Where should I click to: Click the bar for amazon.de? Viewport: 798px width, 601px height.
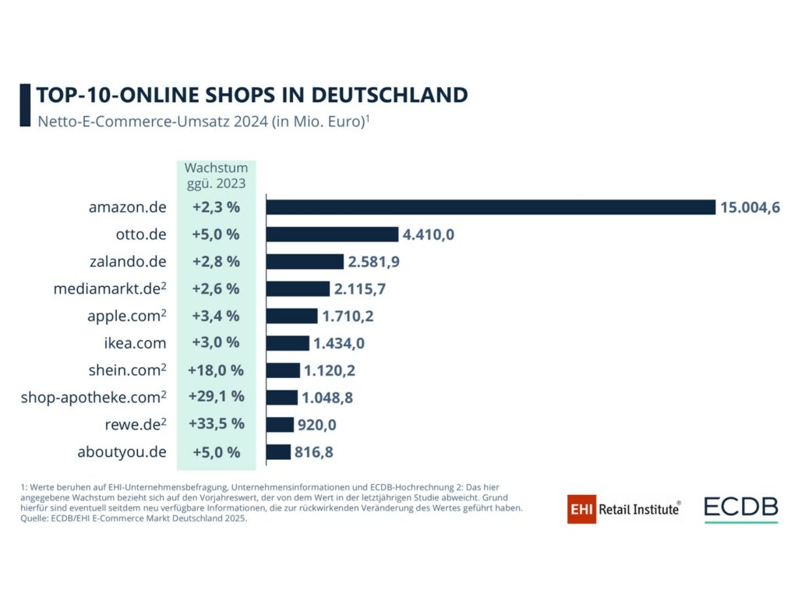coord(491,207)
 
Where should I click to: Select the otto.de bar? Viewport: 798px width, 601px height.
coord(333,234)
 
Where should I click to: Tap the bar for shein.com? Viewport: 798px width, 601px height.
coord(283,370)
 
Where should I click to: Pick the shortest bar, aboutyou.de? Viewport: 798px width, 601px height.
coord(278,452)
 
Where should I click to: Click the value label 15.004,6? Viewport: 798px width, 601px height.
coord(750,207)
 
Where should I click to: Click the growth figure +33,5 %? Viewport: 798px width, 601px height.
coord(216,424)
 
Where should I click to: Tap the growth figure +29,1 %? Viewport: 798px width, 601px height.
coord(216,397)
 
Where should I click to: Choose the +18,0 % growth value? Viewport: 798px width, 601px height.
coord(216,370)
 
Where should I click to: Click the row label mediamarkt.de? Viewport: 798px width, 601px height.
coord(107,288)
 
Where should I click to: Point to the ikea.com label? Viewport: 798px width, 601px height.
coord(133,343)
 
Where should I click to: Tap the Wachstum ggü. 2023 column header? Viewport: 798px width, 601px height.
coord(216,175)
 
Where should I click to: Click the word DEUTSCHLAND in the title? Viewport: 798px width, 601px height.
coord(390,95)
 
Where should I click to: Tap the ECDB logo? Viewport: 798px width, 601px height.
coord(740,508)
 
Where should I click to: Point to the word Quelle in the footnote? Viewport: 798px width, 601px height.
coord(37,517)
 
